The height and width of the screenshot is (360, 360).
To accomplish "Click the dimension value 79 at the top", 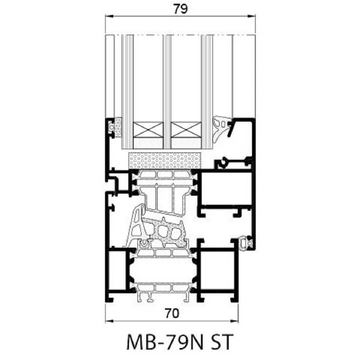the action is (x=180, y=9).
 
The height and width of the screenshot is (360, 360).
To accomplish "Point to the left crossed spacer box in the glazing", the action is (x=148, y=130).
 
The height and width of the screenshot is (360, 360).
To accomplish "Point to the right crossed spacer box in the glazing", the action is (x=186, y=130).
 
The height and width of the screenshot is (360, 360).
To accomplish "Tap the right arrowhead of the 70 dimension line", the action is (x=234, y=321).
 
